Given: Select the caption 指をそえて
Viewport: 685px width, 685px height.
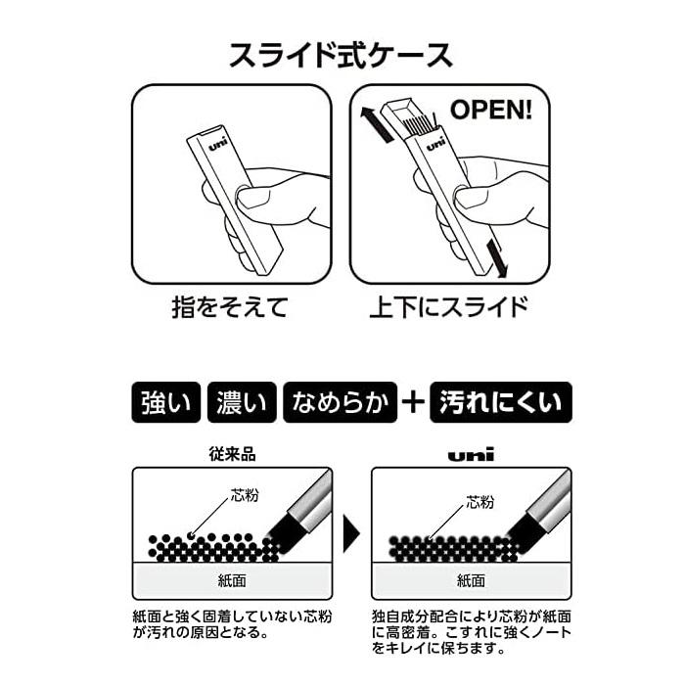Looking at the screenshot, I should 231,308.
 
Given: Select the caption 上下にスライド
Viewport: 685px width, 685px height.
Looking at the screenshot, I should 448,308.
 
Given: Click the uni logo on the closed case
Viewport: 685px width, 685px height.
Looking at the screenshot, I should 217,142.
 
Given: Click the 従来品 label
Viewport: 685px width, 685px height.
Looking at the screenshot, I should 233,455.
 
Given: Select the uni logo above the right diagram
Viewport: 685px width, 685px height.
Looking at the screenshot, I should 471,455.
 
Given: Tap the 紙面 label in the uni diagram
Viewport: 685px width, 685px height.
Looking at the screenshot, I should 471,578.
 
